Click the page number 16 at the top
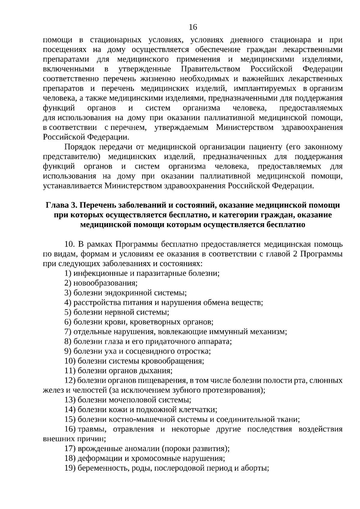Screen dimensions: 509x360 (193, 28)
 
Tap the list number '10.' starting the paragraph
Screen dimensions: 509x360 (70, 244)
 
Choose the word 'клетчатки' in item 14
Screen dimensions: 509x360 (200, 410)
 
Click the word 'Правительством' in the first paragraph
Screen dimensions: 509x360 (211, 69)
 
